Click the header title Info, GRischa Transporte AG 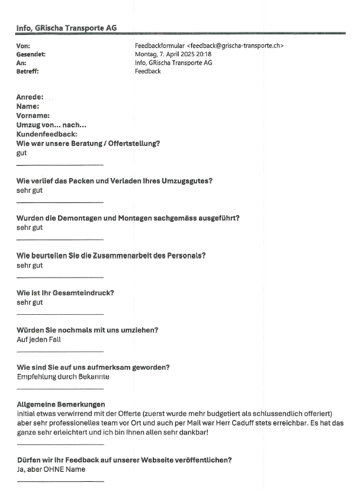[x=66, y=27]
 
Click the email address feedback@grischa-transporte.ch [x=234, y=46]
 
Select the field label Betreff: [x=28, y=72]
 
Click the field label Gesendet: [x=31, y=54]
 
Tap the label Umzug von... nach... [x=51, y=125]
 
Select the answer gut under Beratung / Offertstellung [x=22, y=153]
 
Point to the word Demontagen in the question [x=80, y=218]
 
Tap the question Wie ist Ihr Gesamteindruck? [x=65, y=293]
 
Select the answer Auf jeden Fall [x=38, y=340]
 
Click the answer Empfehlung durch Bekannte [x=63, y=376]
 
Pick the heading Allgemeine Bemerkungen [x=60, y=404]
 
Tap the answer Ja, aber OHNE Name [x=51, y=469]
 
